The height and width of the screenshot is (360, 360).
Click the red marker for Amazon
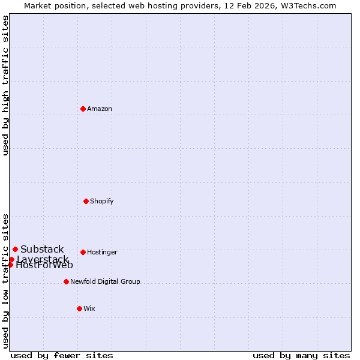(83, 109)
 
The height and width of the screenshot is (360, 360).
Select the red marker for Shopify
(86, 201)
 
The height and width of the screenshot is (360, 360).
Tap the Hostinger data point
(83, 252)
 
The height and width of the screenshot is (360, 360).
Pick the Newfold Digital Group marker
(66, 281)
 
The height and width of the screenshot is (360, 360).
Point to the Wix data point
(79, 308)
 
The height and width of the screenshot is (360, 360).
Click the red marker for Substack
(15, 249)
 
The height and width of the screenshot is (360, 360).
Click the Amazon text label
(100, 109)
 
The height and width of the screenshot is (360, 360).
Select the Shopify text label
(102, 201)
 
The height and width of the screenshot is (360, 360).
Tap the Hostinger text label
(102, 252)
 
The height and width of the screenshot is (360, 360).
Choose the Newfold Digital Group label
(105, 281)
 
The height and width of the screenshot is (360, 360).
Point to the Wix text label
(89, 308)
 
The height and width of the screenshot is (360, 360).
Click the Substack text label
(42, 249)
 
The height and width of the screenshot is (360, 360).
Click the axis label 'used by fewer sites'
(62, 355)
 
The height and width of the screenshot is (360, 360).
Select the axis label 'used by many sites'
(301, 355)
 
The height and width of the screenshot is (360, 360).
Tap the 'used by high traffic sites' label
(5, 85)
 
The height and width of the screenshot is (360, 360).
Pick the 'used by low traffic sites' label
(5, 281)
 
